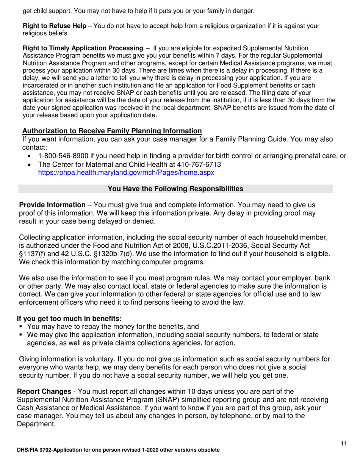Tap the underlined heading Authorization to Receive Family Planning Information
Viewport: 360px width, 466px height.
coord(112,131)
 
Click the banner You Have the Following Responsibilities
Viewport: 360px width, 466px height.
coord(175,189)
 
